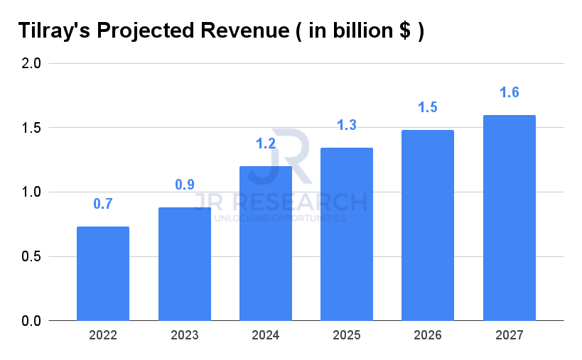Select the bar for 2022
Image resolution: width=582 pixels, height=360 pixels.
(x=103, y=273)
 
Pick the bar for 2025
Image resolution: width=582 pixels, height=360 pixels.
(x=347, y=234)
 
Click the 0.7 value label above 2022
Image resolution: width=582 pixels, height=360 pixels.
(x=103, y=204)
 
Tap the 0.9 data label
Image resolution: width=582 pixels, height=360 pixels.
(x=185, y=185)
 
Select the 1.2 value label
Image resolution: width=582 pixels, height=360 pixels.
(x=266, y=144)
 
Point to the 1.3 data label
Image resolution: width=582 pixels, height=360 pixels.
(x=347, y=126)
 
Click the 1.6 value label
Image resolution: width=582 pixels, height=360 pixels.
(x=509, y=92)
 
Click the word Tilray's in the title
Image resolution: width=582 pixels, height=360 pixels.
(x=53, y=32)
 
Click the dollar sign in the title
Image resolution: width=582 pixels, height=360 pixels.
(x=404, y=32)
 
